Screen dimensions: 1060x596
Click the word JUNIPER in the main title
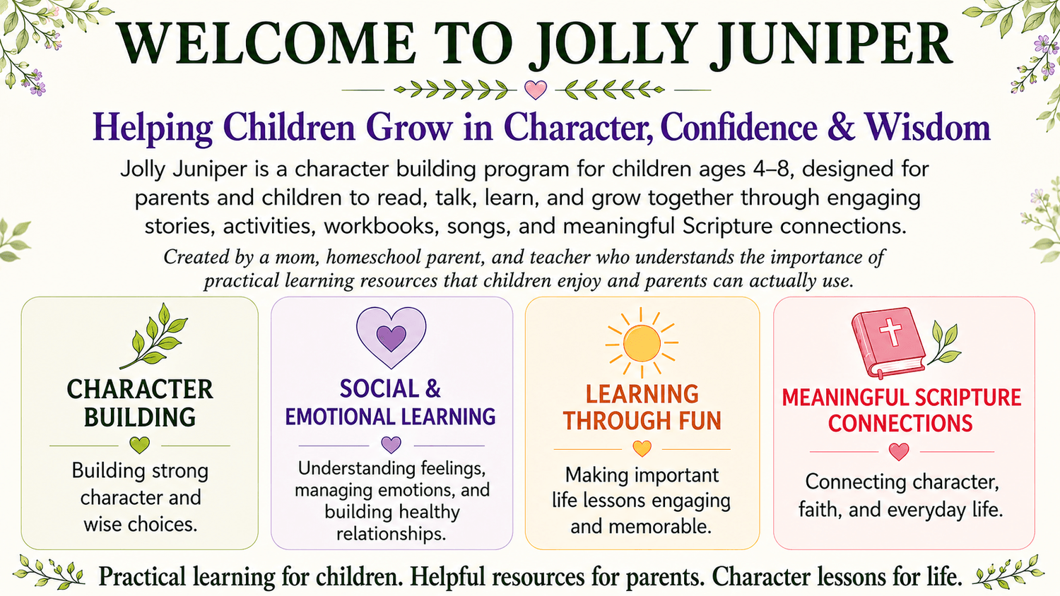click(740, 44)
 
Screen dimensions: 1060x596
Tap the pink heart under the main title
click(536, 90)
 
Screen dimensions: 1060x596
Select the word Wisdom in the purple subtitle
click(928, 129)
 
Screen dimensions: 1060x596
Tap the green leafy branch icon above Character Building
click(154, 336)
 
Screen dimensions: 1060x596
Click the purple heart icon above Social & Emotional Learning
click(391, 338)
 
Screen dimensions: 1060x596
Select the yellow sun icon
click(642, 343)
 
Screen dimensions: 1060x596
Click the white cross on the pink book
click(891, 332)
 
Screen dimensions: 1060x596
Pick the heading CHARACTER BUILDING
click(140, 403)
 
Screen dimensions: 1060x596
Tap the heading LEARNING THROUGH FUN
click(642, 407)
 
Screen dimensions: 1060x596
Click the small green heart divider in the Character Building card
click(140, 445)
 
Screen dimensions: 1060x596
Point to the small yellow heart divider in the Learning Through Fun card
click(642, 448)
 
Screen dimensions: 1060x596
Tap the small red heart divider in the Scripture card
click(899, 451)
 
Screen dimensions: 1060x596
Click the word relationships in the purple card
click(391, 534)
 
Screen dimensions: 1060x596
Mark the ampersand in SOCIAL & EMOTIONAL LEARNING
click(433, 389)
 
